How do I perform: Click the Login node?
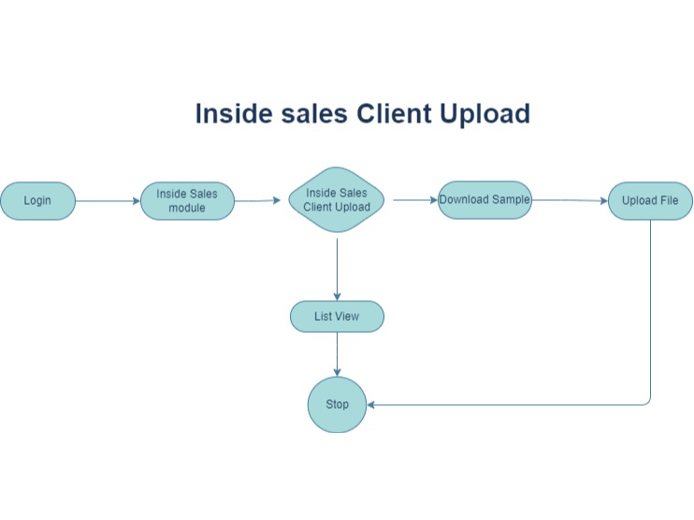click(x=37, y=201)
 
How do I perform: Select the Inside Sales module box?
click(x=187, y=201)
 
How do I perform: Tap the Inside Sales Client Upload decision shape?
click(x=337, y=200)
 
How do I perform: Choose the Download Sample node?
click(x=484, y=200)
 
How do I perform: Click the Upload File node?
click(x=650, y=201)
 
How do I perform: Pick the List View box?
click(x=337, y=317)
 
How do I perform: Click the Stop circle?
click(x=337, y=404)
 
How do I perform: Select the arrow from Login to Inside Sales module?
click(x=108, y=201)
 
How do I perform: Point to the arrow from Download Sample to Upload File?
click(x=570, y=200)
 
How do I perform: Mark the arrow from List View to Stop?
click(x=337, y=354)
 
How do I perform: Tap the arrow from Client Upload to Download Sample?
click(x=415, y=200)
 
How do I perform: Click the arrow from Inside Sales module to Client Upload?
click(x=257, y=200)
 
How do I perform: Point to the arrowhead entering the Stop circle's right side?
click(x=371, y=405)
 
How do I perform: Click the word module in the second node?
click(x=187, y=208)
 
